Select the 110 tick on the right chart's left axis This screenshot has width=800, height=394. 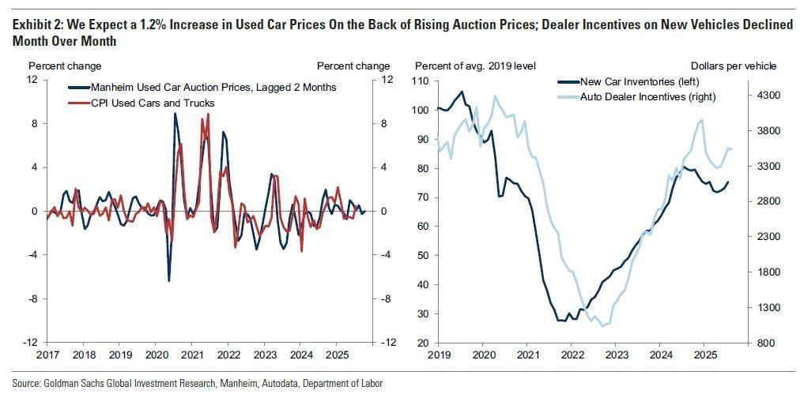tap(419, 81)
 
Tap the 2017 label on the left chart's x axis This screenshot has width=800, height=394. tap(47, 356)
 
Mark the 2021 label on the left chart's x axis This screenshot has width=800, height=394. tap(191, 356)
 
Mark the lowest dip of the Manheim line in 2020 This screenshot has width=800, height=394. tap(168, 280)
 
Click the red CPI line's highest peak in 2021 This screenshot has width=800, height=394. tap(208, 114)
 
